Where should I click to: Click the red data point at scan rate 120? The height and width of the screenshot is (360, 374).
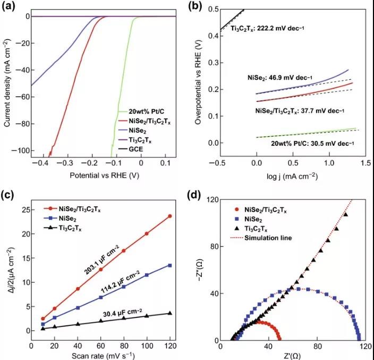[x=169, y=216]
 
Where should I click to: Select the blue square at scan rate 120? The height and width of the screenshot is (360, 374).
[x=169, y=265]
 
